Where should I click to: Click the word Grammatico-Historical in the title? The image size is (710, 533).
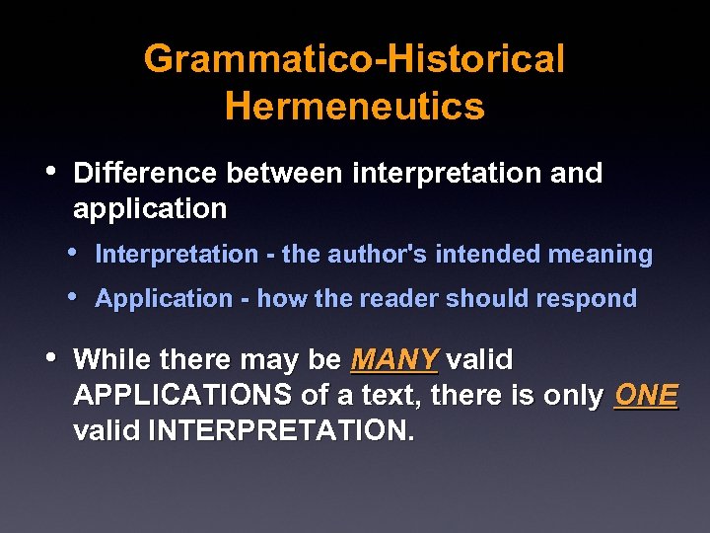tap(354, 59)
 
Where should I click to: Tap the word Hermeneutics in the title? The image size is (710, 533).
tap(354, 106)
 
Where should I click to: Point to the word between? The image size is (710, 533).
tap(284, 173)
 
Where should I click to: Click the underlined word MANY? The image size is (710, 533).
tap(393, 360)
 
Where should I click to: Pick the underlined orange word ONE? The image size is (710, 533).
tap(646, 396)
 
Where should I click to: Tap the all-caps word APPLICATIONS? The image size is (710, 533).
tap(183, 396)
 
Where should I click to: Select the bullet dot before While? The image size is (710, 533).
tap(51, 357)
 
